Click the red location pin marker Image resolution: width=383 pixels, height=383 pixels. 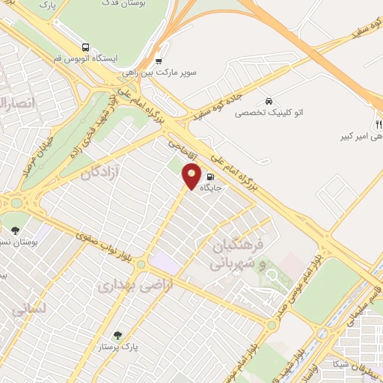[192, 177]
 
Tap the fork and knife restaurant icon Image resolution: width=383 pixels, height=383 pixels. [379, 124]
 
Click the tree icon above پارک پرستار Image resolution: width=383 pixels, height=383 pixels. [116, 335]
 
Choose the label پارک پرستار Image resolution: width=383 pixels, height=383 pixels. [120, 347]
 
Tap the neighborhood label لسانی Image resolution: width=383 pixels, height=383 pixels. [31, 307]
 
